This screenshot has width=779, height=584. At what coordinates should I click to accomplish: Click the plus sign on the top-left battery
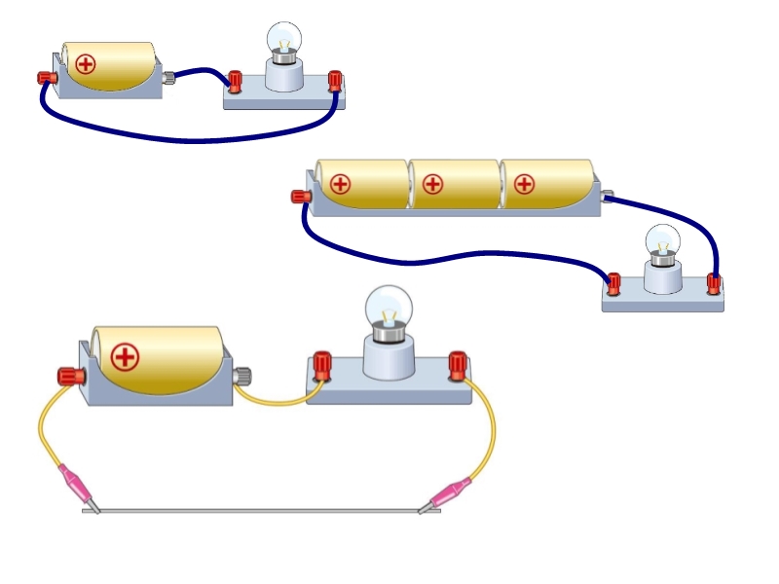(87, 65)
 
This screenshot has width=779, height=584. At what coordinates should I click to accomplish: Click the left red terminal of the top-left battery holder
(45, 78)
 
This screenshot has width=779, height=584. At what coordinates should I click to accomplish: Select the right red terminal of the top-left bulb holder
(336, 80)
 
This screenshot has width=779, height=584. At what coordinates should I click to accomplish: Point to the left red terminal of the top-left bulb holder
(235, 80)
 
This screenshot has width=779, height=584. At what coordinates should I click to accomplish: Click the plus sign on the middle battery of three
(432, 183)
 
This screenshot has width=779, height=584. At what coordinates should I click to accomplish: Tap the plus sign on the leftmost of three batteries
(340, 183)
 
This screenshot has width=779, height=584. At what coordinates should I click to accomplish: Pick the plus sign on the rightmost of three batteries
(524, 183)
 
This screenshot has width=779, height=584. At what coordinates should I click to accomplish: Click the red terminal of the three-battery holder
(301, 197)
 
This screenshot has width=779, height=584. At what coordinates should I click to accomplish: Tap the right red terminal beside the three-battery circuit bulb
(714, 283)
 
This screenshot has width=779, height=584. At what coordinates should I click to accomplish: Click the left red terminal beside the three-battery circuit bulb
(613, 283)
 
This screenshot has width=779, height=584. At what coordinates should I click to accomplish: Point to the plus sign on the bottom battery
(125, 356)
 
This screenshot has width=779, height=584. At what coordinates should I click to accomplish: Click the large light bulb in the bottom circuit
(389, 310)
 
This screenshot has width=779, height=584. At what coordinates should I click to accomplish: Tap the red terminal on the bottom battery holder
(68, 375)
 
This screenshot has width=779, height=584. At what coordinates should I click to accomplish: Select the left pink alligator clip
(76, 484)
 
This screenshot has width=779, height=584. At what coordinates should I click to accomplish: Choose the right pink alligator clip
(450, 493)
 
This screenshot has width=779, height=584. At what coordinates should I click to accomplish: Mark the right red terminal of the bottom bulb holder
(456, 365)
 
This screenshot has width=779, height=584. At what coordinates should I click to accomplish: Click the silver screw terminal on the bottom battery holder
(243, 375)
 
